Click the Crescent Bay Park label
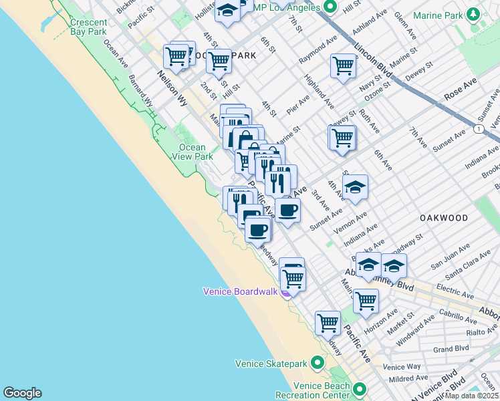pos(88,27)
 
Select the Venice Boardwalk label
pos(241,291)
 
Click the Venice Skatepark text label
pos(271,364)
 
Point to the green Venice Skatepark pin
pos(317,364)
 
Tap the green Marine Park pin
pos(473,14)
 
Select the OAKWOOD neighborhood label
pos(444,218)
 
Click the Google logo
pos(22,393)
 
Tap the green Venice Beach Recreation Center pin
pos(360,389)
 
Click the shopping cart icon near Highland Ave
pos(342,65)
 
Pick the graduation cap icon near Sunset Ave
pos(355,187)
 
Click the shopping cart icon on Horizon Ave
pos(366,300)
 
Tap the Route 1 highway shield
pos(479,128)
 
